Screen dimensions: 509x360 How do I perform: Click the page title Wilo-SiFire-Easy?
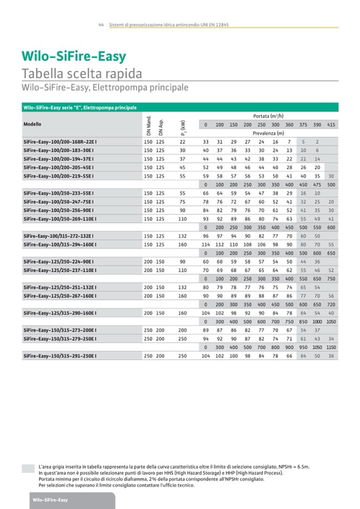pos(73,57)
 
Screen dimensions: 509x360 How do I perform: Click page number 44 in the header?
pos(100,25)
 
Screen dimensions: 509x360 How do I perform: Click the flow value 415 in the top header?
pos(331,125)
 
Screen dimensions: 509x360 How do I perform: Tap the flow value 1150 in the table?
pos(331,348)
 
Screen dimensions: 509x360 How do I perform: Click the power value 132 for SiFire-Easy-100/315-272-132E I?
pos(182,236)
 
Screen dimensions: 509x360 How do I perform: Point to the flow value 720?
pos(331,305)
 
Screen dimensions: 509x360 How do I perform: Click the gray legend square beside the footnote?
pos(28,468)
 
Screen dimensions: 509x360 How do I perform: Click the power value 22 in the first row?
pos(182,142)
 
